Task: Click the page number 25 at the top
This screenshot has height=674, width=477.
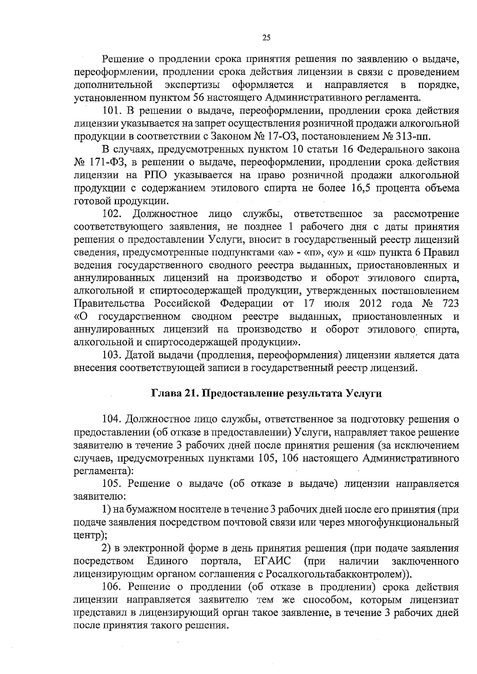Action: tap(266, 38)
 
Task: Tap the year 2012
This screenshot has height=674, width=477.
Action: tap(370, 304)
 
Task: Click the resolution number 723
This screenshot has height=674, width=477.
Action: tap(450, 304)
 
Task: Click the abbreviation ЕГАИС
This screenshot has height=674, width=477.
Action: tap(271, 561)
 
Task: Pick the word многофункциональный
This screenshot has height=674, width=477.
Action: tap(403, 523)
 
